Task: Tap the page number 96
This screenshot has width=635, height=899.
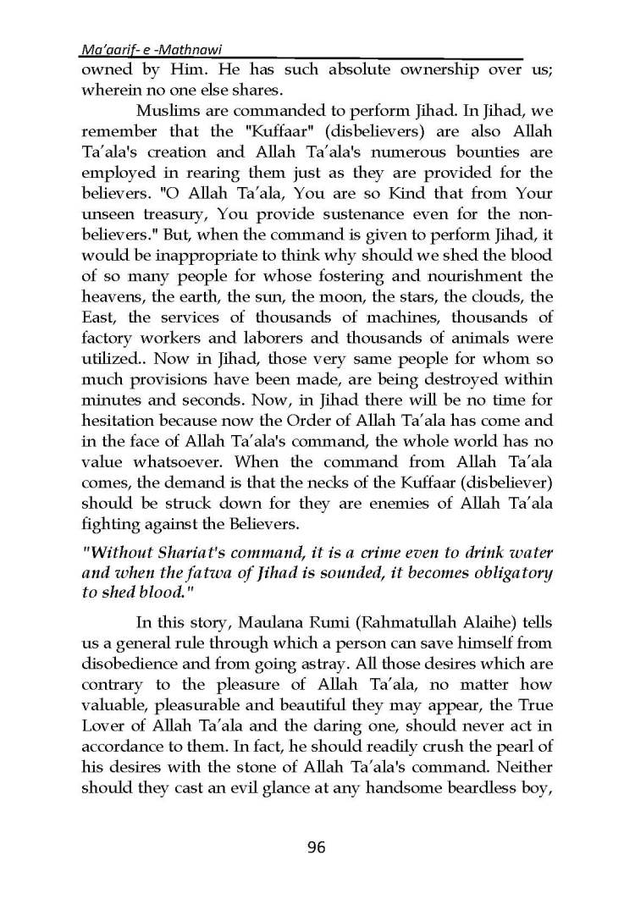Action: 317,847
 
